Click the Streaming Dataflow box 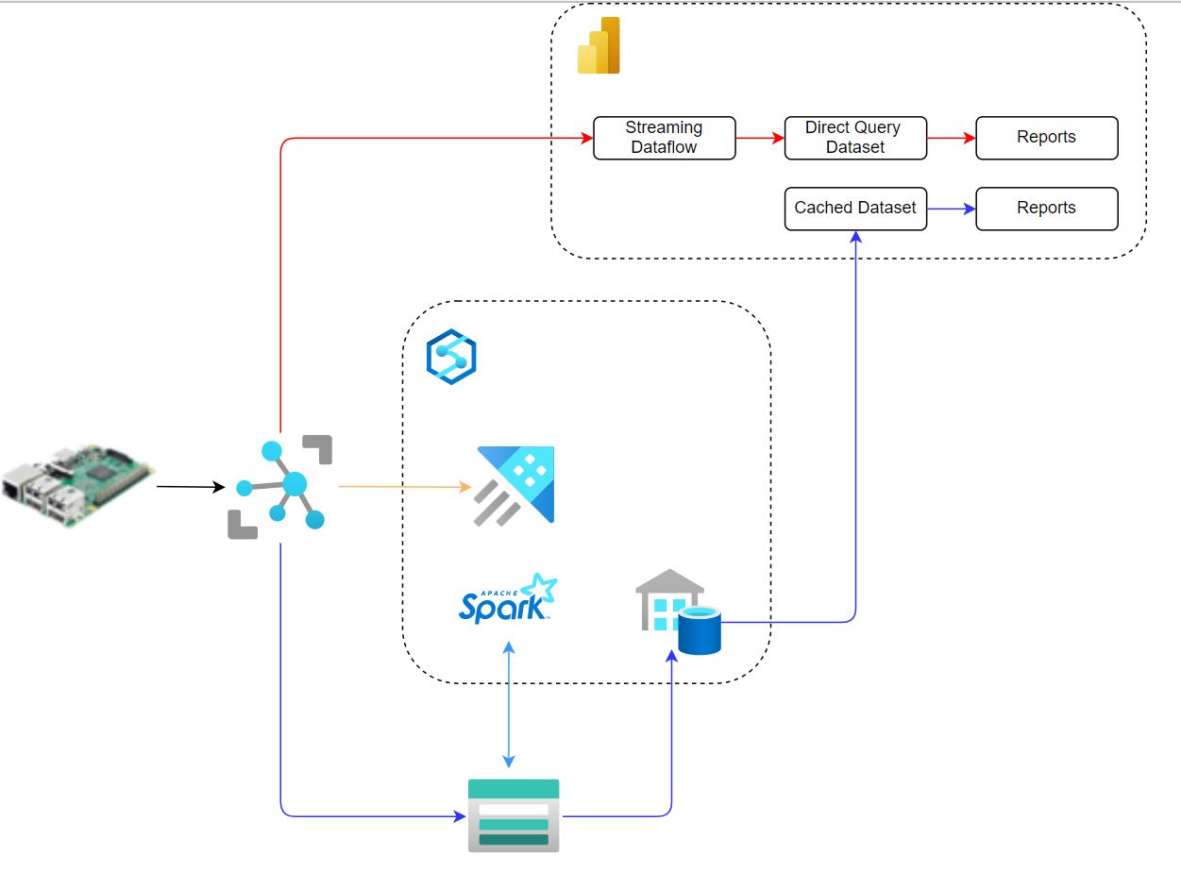664,138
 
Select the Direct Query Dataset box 855,138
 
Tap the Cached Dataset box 855,209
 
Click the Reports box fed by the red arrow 1046,138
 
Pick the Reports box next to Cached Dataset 1046,209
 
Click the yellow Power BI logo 599,45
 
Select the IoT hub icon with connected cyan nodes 280,486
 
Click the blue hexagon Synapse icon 451,357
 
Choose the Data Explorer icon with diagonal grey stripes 515,485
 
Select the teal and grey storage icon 514,815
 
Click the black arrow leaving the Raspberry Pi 190,487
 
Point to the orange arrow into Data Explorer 404,487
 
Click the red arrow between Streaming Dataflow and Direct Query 760,138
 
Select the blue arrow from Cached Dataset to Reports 951,209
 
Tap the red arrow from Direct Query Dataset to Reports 951,138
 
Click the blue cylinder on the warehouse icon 700,631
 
